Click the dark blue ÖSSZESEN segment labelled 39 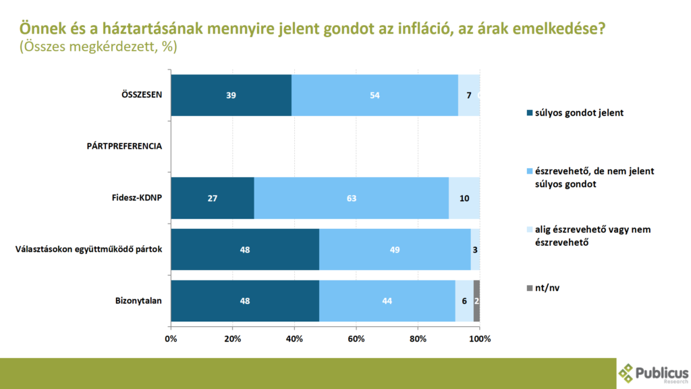(231, 95)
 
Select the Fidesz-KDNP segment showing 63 (352, 198)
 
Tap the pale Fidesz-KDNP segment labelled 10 (464, 198)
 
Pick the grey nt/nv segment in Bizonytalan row (476, 301)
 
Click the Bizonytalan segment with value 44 (387, 301)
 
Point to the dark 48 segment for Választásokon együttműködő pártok (245, 249)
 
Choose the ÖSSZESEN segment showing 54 (375, 95)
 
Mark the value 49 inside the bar (395, 249)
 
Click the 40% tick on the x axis (294, 338)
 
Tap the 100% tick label (480, 338)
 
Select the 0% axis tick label (171, 338)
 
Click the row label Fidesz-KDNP (137, 198)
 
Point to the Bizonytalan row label (138, 301)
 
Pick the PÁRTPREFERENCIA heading (124, 146)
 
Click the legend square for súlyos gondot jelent (530, 113)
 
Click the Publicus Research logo (653, 373)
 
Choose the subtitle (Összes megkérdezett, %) (99, 47)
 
